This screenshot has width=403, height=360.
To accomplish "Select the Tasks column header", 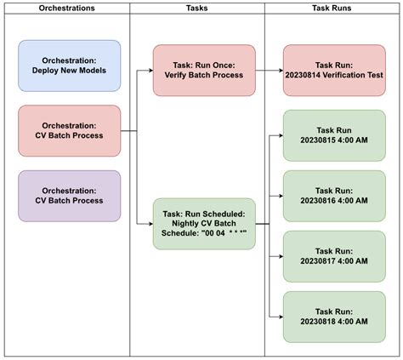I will tap(196, 9).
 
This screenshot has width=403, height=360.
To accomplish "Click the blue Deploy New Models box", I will tap(69, 66).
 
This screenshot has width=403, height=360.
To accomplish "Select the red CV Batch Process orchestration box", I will tap(69, 130).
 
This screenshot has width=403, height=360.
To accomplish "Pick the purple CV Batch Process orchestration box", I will tap(69, 196).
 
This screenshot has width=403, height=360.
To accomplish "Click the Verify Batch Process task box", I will tap(204, 70).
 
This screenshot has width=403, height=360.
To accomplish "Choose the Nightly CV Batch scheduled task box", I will tap(204, 223).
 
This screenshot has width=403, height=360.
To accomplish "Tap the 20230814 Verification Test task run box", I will tap(335, 70).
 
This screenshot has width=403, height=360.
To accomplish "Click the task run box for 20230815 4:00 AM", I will tap(335, 134).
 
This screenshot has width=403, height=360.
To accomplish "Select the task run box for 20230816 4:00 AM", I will tap(335, 196).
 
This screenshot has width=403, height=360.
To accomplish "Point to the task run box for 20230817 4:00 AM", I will tap(335, 255).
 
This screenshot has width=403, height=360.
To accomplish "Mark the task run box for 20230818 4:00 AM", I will tap(335, 317).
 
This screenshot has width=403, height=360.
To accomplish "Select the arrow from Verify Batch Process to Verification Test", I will tap(269, 70).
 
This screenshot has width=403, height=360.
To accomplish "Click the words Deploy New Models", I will tap(69, 71).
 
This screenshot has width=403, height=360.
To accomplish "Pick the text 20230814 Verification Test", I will tap(335, 75).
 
